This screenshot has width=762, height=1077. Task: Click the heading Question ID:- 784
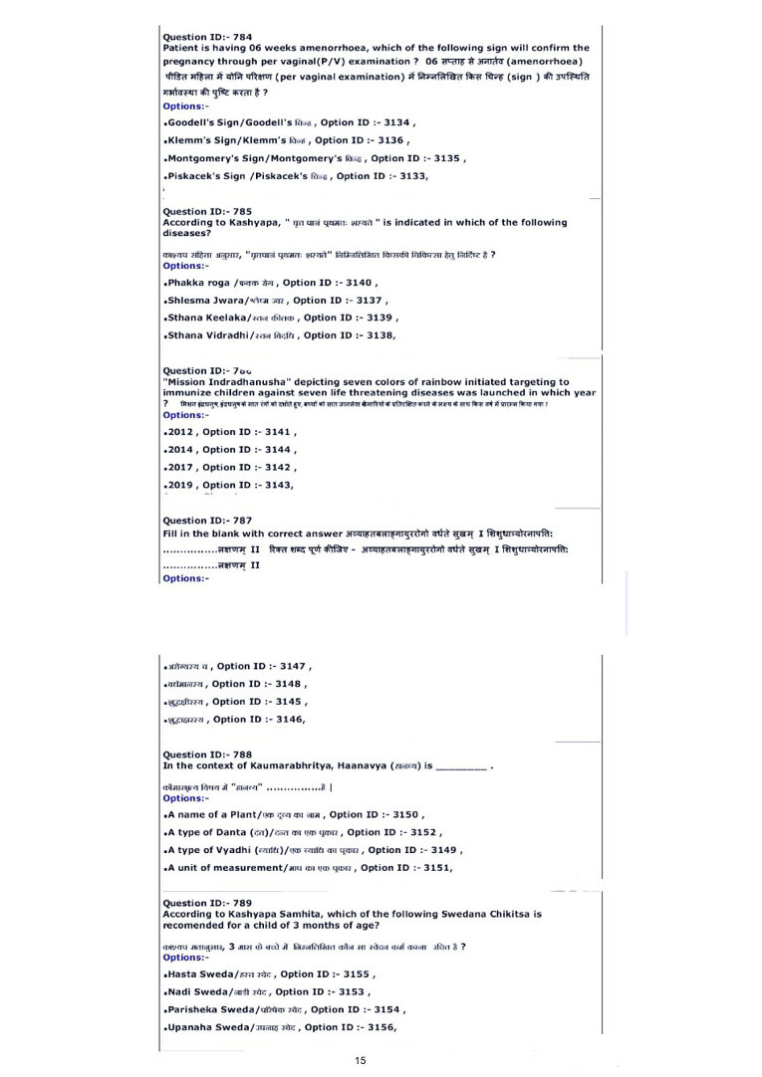[207, 37]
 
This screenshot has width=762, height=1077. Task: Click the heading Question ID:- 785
[207, 211]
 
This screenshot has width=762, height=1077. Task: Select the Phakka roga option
[199, 283]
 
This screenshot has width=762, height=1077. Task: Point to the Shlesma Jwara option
[208, 300]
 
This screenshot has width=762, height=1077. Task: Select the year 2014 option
[181, 450]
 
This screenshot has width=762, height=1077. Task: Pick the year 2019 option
[181, 485]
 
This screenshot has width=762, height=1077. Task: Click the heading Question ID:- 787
[207, 520]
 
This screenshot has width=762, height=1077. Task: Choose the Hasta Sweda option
[200, 974]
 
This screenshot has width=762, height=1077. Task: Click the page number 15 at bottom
[361, 1061]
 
